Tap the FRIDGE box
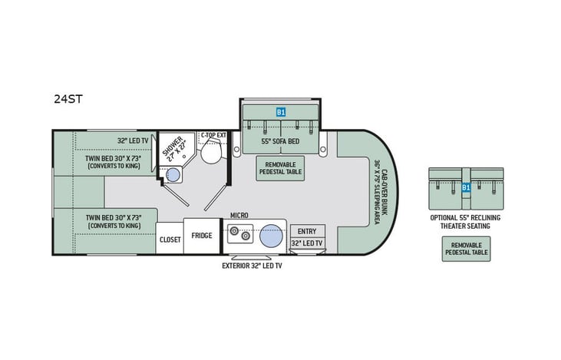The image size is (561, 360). pos(203,236)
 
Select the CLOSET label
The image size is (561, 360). pos(170,239)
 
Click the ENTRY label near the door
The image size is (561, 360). pos(306,231)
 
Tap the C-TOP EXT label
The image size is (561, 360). pos(213,136)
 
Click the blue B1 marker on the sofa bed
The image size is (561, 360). pos(281,112)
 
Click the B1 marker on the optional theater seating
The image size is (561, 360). pos(465,187)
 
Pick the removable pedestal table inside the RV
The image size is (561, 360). pos(279,168)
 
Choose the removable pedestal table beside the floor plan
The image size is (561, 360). pos(465,249)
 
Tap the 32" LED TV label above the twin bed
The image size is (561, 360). pos(133,140)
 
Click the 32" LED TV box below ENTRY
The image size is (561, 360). pos(306,243)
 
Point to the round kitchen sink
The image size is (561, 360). pos(270,236)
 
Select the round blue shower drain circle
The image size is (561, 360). pos(173,176)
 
